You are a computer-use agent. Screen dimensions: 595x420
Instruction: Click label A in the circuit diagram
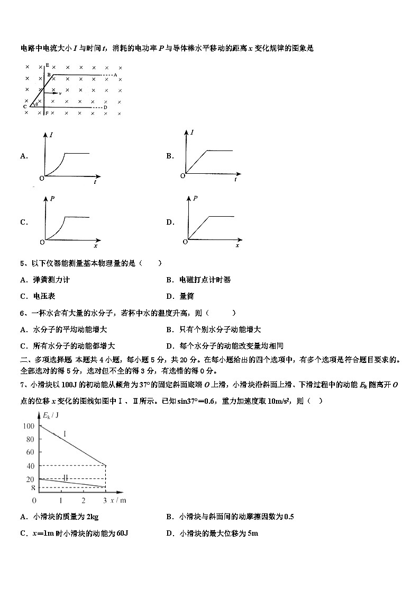click(x=115, y=75)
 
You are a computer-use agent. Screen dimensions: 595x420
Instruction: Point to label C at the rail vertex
click(x=25, y=107)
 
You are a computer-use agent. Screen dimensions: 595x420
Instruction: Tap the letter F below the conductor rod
click(x=47, y=113)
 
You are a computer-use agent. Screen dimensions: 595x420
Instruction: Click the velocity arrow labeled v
click(x=54, y=93)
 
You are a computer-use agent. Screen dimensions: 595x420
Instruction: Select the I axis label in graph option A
click(x=51, y=136)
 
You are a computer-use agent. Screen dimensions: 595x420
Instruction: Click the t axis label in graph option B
click(x=235, y=180)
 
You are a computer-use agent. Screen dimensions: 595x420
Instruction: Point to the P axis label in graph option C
click(x=52, y=199)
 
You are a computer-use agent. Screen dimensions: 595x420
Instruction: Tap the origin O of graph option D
click(x=185, y=242)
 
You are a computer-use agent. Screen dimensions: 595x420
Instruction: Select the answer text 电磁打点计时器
click(x=205, y=280)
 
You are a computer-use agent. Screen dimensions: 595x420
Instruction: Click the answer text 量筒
click(x=186, y=296)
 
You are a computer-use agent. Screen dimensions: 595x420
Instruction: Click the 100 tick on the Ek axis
click(x=29, y=426)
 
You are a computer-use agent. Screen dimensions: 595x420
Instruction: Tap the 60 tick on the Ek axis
click(x=30, y=452)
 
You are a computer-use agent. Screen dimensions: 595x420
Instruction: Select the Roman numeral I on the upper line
click(x=65, y=434)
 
